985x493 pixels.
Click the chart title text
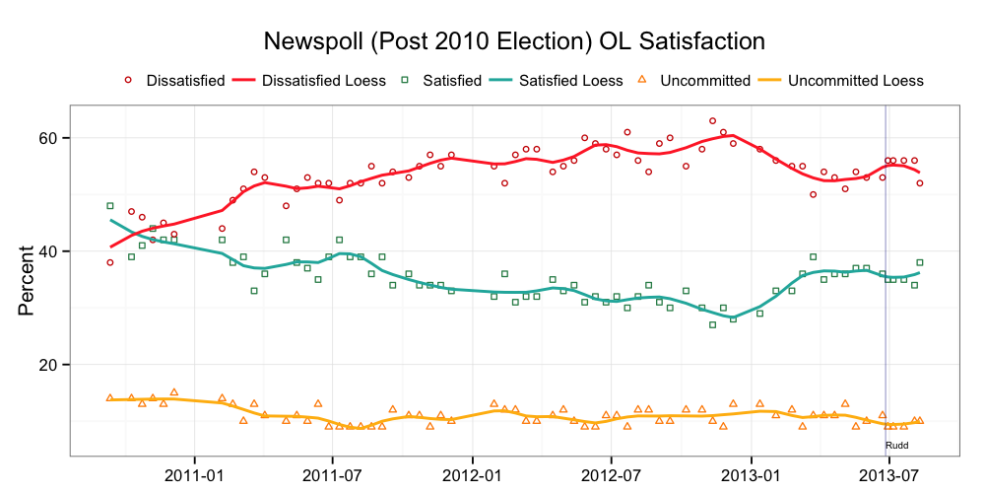(514, 42)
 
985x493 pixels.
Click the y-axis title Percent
(29, 281)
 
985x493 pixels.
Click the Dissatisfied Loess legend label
(324, 81)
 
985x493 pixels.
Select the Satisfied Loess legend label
(570, 81)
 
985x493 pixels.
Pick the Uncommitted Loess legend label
(856, 81)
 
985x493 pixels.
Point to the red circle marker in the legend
(127, 81)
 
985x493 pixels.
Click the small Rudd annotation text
(896, 446)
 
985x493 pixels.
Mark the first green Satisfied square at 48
(110, 206)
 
